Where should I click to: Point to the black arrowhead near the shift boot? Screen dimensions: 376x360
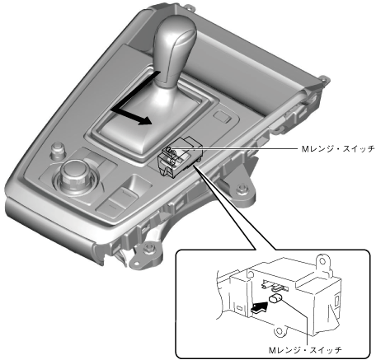click(145, 120)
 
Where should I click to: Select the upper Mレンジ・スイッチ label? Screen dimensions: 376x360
click(338, 148)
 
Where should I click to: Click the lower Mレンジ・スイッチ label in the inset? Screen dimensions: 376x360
click(305, 350)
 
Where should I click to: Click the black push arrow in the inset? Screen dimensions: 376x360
click(259, 306)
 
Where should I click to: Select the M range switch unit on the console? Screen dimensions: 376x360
click(179, 157)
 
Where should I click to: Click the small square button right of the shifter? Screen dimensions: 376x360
click(223, 115)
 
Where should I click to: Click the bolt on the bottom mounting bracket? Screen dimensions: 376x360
click(148, 248)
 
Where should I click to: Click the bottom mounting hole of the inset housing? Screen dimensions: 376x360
click(280, 331)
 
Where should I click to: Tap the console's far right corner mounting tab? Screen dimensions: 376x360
click(325, 80)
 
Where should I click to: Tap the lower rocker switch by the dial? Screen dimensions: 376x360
click(111, 208)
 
